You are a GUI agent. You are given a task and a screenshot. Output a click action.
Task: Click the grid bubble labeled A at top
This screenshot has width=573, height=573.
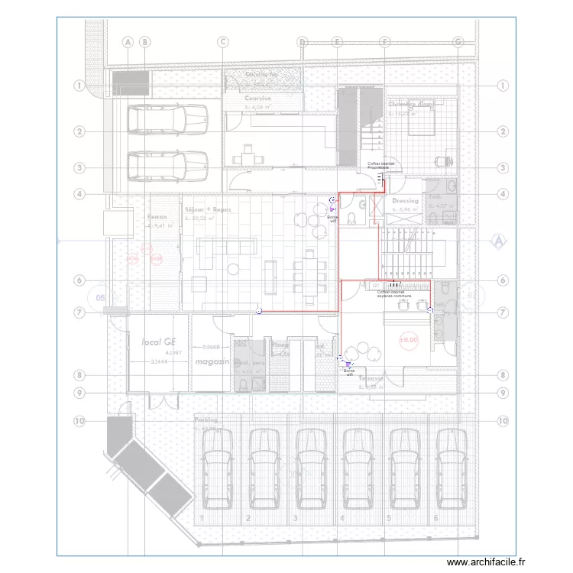(128, 41)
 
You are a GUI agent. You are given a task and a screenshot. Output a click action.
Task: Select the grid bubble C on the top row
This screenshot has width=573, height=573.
(223, 41)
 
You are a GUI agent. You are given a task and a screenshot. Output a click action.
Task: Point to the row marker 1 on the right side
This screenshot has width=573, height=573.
(502, 86)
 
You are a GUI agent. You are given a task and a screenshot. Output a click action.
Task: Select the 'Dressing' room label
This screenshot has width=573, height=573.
(406, 201)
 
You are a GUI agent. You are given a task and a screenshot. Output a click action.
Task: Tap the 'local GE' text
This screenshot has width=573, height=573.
(159, 344)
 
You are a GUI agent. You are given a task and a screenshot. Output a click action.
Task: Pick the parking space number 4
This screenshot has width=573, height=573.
(342, 519)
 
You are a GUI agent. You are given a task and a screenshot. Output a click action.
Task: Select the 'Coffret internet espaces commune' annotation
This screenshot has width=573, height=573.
(393, 293)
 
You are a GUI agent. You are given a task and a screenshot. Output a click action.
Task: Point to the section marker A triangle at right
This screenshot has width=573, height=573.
(498, 241)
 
